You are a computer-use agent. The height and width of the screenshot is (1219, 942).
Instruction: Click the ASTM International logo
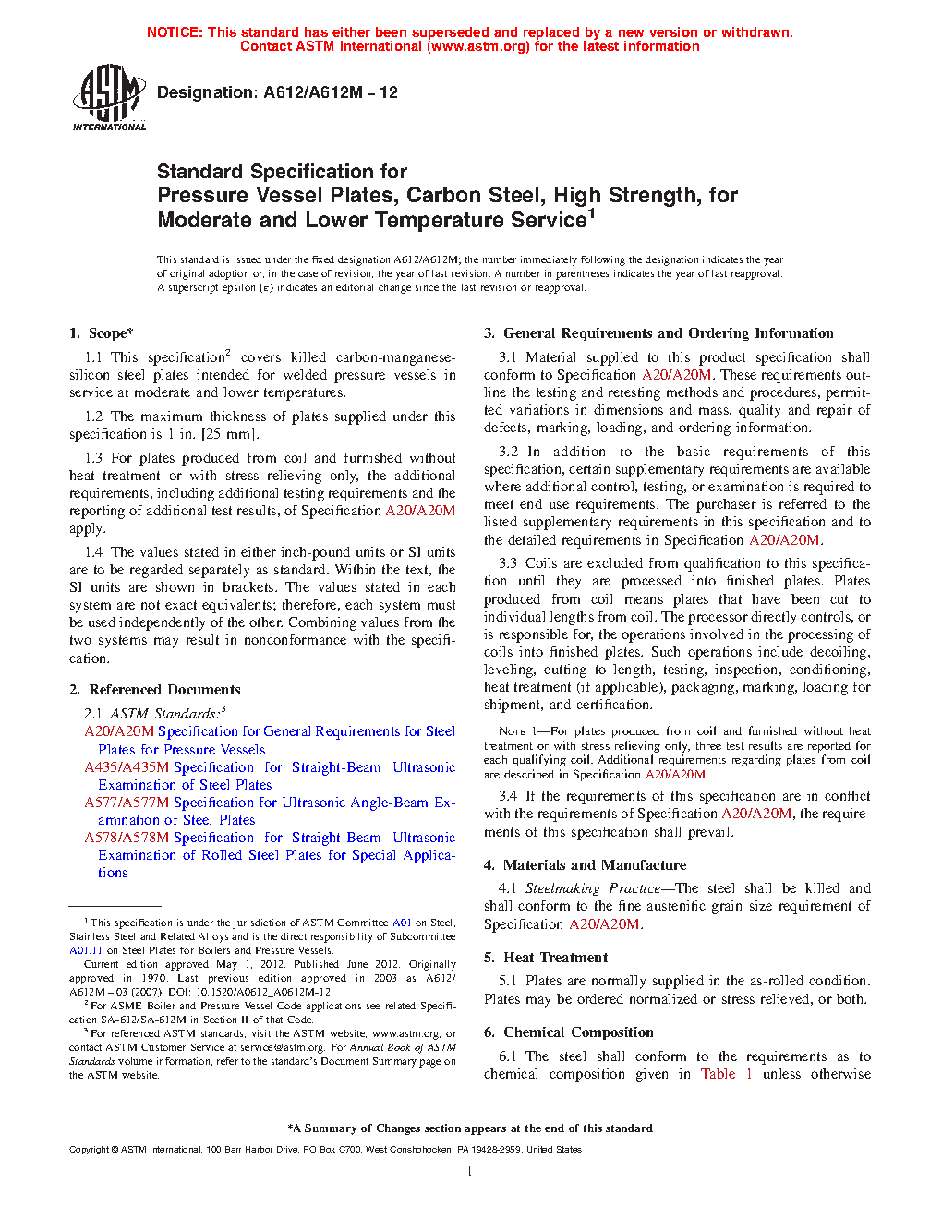pos(109,96)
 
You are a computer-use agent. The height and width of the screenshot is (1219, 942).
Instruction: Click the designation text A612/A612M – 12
pos(277,92)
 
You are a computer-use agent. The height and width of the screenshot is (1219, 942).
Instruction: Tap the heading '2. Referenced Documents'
pos(155,690)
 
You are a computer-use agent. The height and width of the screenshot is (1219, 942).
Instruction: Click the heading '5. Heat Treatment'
pos(546,958)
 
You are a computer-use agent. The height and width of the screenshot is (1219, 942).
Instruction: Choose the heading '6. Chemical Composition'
pos(569,1032)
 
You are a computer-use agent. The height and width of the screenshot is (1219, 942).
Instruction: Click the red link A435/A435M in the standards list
pos(127,767)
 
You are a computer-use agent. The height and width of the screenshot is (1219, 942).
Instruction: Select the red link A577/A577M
pos(127,803)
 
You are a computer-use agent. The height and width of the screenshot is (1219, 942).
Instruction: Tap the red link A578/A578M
pos(127,838)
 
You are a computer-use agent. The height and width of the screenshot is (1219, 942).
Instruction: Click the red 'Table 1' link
pos(726,1074)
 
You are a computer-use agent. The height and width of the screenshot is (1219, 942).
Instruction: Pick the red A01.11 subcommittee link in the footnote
pos(86,950)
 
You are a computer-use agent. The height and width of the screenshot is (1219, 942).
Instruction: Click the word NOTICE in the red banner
pos(175,32)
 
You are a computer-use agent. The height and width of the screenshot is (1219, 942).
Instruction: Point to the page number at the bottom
pos(470,1172)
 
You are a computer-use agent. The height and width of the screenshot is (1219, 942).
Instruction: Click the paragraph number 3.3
pos(508,563)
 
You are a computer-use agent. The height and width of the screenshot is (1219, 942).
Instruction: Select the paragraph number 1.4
pos(93,552)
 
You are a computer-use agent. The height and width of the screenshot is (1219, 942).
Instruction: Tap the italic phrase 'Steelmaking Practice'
pos(593,888)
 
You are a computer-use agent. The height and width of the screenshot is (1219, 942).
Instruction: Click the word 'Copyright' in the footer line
pos(90,1150)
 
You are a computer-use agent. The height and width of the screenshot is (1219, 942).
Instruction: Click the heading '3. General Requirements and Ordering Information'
pos(658,333)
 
